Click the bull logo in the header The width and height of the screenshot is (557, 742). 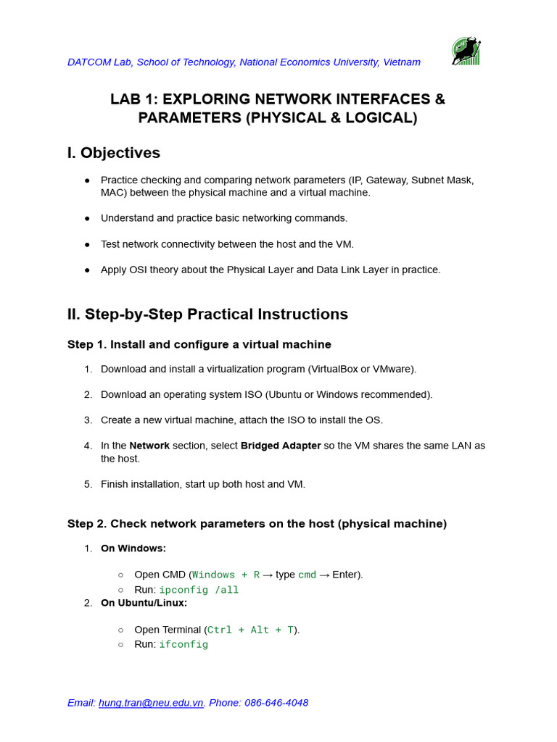[466, 51]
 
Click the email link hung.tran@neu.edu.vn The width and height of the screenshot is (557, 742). [151, 703]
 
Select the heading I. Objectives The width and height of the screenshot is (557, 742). [114, 153]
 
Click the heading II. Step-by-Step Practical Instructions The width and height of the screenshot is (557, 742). [207, 314]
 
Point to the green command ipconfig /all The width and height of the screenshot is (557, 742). [199, 590]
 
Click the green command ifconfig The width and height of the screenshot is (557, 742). [183, 644]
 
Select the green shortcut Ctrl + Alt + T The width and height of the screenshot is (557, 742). [250, 630]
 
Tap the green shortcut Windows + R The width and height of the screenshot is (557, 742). [226, 575]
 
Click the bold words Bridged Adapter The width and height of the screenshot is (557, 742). [281, 446]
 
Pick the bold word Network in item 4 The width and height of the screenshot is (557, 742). [149, 446]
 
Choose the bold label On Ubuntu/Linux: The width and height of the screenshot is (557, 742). [144, 603]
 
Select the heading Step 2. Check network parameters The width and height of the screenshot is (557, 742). [257, 523]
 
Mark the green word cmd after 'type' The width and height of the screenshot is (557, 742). [308, 575]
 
